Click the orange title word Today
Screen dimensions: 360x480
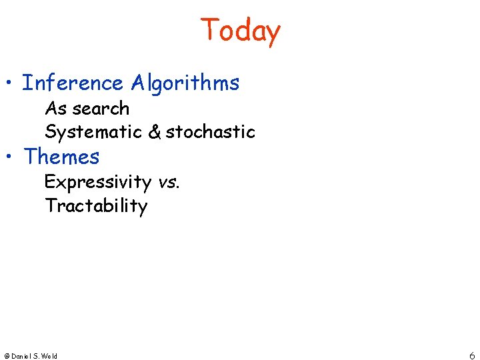(240, 31)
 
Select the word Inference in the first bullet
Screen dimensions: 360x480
(73, 83)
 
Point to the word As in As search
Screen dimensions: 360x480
(55, 108)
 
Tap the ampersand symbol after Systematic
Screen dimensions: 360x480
(154, 132)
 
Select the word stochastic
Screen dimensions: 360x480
(211, 132)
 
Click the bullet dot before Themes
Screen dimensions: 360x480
(9, 158)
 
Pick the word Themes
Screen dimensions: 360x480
(61, 157)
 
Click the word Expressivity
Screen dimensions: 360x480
(98, 182)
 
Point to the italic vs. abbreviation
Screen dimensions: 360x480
(169, 182)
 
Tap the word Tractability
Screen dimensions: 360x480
(96, 206)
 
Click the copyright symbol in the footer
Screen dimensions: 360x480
(6, 356)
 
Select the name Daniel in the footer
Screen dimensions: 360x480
(21, 356)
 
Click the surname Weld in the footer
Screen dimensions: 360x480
(49, 356)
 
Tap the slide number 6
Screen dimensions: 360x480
(472, 355)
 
